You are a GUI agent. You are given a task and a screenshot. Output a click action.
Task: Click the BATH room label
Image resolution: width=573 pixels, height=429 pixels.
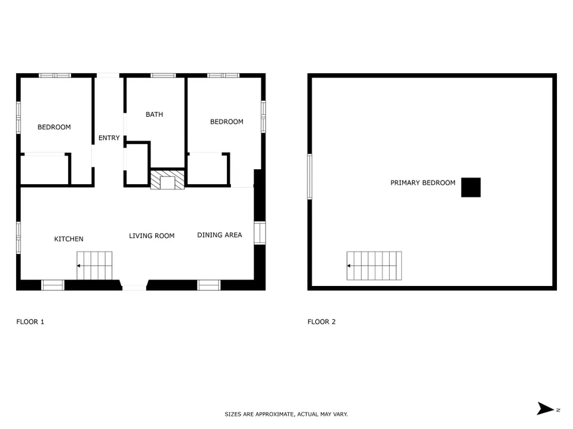click(x=154, y=114)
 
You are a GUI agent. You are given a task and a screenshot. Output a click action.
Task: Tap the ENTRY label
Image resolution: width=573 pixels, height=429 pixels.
click(x=109, y=138)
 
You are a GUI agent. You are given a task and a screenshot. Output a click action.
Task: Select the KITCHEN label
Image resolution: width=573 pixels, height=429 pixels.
click(x=69, y=239)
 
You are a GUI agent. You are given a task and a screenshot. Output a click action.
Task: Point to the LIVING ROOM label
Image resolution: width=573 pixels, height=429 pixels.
click(x=152, y=236)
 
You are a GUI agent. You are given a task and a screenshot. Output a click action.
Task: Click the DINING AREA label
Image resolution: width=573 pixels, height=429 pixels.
click(x=220, y=235)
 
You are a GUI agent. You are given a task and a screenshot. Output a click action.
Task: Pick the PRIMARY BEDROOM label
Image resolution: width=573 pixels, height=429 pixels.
click(x=423, y=183)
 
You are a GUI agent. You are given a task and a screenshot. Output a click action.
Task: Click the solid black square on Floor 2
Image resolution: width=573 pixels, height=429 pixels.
click(x=471, y=188)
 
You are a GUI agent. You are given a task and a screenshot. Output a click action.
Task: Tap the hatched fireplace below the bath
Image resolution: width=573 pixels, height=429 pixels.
click(x=167, y=179)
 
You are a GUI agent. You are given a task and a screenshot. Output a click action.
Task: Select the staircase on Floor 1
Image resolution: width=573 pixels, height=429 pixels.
click(x=94, y=266)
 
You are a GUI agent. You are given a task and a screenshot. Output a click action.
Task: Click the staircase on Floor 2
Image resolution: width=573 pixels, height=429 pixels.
click(x=374, y=266)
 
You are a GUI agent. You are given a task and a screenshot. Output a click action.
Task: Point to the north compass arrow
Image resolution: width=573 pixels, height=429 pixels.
click(x=545, y=409)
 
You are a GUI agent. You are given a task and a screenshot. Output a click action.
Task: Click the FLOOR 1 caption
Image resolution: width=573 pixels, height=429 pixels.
click(x=30, y=322)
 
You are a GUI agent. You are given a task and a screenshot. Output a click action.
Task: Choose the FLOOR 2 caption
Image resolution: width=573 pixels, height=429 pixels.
click(x=322, y=322)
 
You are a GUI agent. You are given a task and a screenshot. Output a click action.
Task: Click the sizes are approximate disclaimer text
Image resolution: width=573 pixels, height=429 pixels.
click(x=286, y=414)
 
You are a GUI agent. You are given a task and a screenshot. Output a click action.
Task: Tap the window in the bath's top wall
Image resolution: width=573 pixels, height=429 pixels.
click(x=163, y=76)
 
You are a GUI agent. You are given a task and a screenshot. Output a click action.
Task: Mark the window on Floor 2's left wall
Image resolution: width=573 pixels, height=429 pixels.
click(x=310, y=176)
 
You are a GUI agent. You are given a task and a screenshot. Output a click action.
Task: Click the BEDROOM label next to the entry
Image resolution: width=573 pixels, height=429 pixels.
click(x=54, y=127)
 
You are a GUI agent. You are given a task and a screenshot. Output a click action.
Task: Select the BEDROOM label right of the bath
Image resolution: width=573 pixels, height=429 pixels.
click(x=227, y=122)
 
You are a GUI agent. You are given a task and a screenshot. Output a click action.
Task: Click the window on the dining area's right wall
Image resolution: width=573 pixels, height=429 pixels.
click(x=260, y=233)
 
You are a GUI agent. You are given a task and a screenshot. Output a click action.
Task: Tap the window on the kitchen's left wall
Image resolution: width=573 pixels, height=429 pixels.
click(x=19, y=238)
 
